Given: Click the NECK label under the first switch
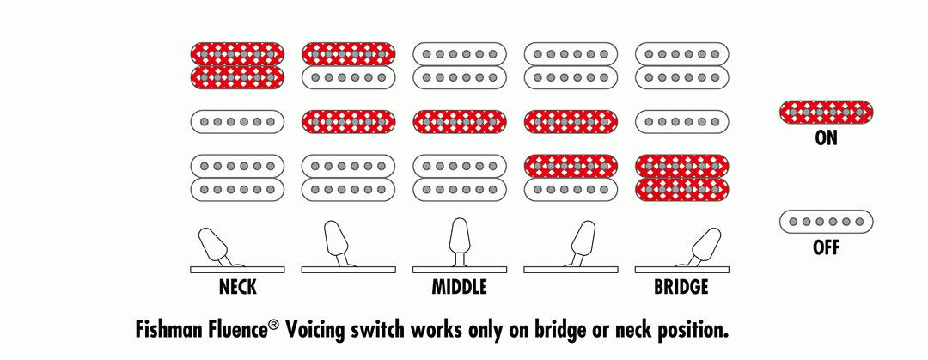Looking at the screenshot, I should click(x=236, y=287).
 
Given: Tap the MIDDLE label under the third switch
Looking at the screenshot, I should click(x=459, y=287).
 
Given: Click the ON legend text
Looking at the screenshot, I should click(x=826, y=137).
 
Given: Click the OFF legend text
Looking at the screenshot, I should click(x=826, y=249).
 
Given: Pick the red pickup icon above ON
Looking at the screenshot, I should click(x=826, y=112).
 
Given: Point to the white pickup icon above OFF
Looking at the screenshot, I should click(x=826, y=222).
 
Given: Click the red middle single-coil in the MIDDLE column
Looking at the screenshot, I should click(x=459, y=121).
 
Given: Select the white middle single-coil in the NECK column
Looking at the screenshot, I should click(x=236, y=121).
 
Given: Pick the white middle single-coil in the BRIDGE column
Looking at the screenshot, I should click(x=681, y=121).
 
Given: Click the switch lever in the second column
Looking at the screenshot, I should click(x=336, y=241).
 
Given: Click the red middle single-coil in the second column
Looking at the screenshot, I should click(x=348, y=121).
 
